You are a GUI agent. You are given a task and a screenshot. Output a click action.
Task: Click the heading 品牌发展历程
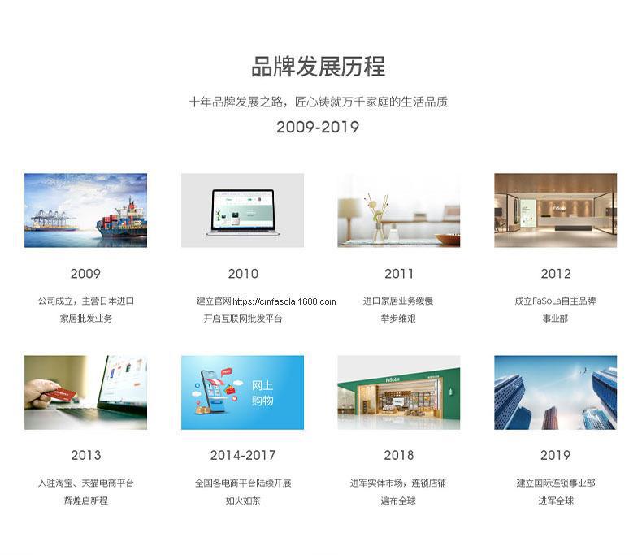[x=318, y=67]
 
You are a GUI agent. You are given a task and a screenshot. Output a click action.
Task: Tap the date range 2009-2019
[x=318, y=127]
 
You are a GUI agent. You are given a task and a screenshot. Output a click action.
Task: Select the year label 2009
[x=85, y=273]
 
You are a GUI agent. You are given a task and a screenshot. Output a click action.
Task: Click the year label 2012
[x=556, y=273]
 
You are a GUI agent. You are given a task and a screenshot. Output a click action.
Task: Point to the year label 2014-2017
[x=243, y=455]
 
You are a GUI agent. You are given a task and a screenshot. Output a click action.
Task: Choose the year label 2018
[x=399, y=455]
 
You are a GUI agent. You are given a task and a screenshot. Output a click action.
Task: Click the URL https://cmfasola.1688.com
[x=284, y=301]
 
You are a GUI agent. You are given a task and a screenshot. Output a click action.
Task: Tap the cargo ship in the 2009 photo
[x=122, y=221]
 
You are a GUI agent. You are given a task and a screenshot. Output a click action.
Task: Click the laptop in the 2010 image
[x=243, y=212]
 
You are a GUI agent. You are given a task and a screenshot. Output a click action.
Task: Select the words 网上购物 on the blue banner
[x=262, y=392]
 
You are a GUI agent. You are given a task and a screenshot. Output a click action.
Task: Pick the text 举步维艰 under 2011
[x=398, y=319]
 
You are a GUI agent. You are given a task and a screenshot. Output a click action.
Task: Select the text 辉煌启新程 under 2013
[x=86, y=501]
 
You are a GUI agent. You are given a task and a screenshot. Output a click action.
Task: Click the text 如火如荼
[x=243, y=501]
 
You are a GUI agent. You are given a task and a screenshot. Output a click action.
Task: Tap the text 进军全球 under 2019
[x=556, y=501]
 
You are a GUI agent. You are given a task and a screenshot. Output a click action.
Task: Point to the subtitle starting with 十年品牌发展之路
[x=318, y=102]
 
